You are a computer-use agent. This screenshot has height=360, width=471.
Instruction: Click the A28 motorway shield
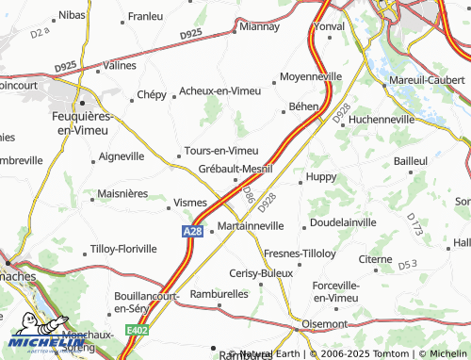coord(193,230)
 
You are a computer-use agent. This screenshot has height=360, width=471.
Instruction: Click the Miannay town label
coord(260,27)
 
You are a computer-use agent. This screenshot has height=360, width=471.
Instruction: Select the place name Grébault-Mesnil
coord(235,169)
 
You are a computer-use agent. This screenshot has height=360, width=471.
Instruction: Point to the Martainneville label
coord(250,227)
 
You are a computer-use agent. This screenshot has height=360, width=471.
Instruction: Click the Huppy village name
coord(321,175)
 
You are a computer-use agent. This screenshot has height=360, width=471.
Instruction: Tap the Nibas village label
coord(71,15)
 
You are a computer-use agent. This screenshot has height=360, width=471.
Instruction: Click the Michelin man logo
coord(30,337)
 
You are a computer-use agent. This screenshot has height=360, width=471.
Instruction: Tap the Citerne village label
coord(376,258)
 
